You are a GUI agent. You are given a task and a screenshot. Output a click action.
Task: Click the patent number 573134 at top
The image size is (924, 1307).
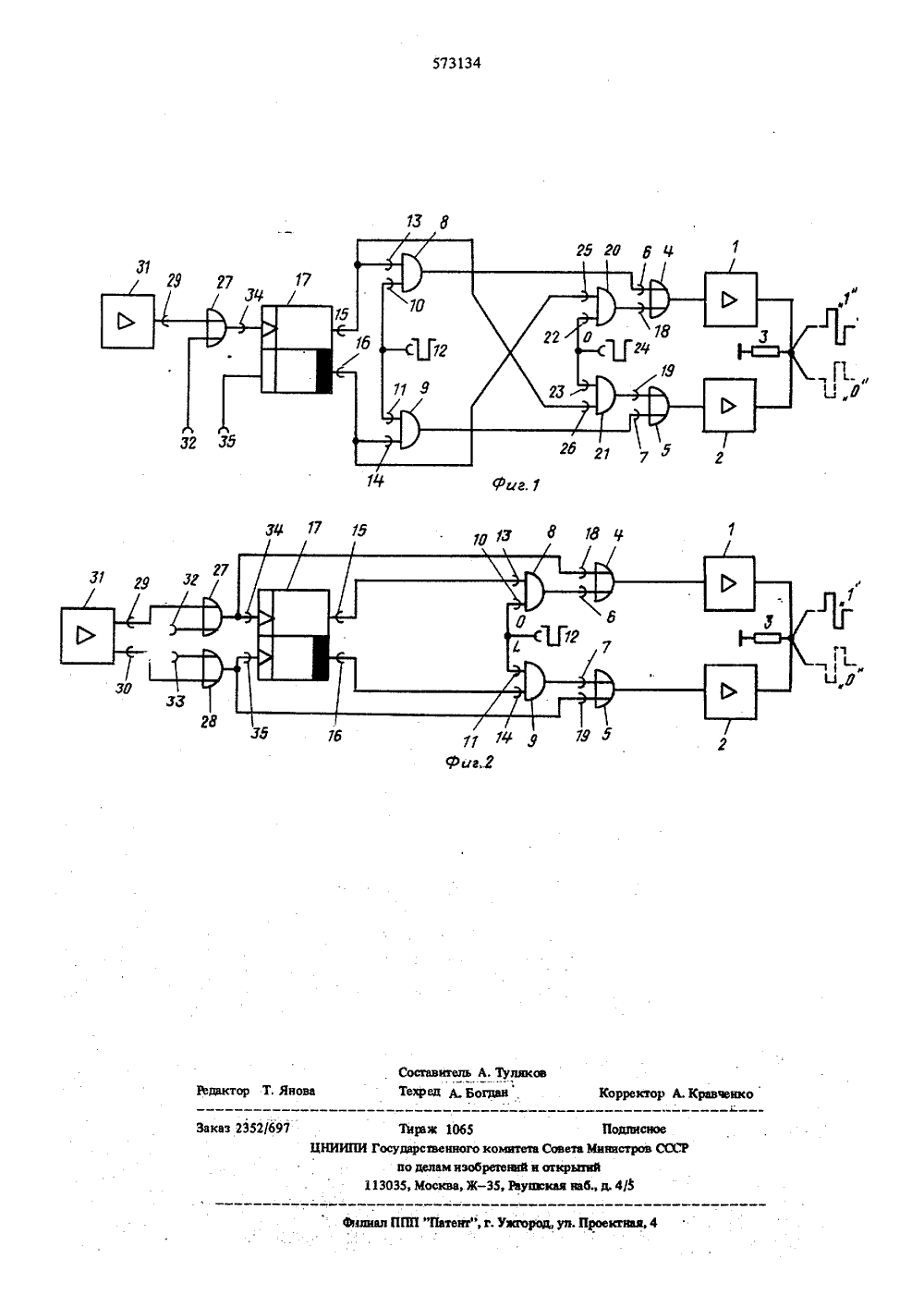pyautogui.click(x=456, y=64)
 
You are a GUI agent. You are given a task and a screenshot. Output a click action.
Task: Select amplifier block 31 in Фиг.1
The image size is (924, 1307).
pyautogui.click(x=128, y=322)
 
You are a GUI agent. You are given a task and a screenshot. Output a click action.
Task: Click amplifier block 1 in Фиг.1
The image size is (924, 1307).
pyautogui.click(x=730, y=299)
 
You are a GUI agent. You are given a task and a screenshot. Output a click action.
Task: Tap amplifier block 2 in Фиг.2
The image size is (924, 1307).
pyautogui.click(x=730, y=691)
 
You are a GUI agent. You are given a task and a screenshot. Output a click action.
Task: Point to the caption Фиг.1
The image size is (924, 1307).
pyautogui.click(x=517, y=484)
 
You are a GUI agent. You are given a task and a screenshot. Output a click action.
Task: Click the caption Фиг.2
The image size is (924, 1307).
pyautogui.click(x=469, y=762)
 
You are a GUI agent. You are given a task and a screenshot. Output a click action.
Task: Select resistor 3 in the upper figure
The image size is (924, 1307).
pyautogui.click(x=765, y=352)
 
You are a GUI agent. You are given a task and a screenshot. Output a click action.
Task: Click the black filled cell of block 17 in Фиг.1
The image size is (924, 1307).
pyautogui.click(x=323, y=371)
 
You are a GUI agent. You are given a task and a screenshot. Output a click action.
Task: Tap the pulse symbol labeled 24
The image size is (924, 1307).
pyautogui.click(x=619, y=349)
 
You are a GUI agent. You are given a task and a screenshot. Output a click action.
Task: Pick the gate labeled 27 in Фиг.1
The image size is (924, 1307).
pyautogui.click(x=216, y=328)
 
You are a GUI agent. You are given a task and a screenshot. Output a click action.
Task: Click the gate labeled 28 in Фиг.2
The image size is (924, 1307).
pyautogui.click(x=211, y=668)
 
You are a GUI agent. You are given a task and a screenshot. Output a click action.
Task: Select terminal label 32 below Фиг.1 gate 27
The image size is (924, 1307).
pyautogui.click(x=188, y=443)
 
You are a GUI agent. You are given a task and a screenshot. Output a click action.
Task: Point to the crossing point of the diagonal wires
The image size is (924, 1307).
pyautogui.click(x=510, y=352)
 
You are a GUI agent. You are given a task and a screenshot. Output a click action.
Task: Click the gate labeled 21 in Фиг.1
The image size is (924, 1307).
pyautogui.click(x=605, y=395)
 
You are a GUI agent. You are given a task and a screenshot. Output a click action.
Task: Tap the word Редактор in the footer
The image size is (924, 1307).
pyautogui.click(x=223, y=1091)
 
